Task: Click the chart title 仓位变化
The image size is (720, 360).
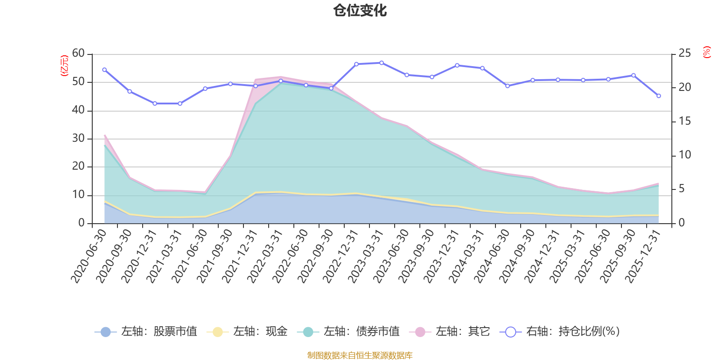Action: click(360, 10)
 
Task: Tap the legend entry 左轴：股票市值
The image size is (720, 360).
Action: click(146, 332)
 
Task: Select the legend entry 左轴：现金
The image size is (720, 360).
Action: click(247, 332)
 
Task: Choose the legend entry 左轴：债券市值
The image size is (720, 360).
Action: click(348, 332)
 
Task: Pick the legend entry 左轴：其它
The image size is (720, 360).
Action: click(450, 332)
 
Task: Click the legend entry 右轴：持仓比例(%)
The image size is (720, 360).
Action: click(560, 332)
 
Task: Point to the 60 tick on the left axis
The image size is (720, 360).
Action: click(78, 54)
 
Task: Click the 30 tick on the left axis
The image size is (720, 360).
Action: click(78, 139)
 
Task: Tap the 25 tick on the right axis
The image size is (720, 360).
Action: click(684, 54)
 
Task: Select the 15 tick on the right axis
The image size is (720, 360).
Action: click(684, 121)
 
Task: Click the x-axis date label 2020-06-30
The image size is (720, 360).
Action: click(89, 256)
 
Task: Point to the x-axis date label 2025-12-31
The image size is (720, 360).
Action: click(643, 256)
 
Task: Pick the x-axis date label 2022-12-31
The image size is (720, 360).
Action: click(341, 256)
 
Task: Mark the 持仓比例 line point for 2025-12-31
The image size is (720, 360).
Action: click(659, 96)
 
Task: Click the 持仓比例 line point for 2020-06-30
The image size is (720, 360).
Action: click(104, 70)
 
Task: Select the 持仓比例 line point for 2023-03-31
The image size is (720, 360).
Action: click(382, 63)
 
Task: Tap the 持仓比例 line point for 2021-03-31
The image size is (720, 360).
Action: click(180, 103)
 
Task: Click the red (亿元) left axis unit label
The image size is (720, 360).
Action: click(64, 66)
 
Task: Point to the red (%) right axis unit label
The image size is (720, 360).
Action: click(706, 52)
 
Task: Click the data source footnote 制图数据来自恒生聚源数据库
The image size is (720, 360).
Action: click(360, 355)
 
